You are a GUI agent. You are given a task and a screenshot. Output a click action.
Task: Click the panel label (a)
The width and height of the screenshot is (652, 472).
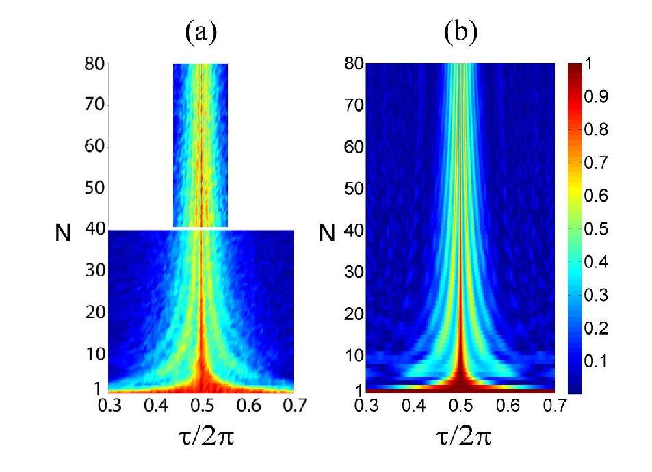click(x=201, y=32)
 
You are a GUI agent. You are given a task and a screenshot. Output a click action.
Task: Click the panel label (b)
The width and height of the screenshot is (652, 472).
click(x=460, y=32)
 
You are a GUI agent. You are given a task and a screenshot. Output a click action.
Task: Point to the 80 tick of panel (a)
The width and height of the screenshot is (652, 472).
click(x=94, y=64)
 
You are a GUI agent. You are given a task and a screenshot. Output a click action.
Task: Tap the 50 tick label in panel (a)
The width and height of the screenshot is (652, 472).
click(x=94, y=188)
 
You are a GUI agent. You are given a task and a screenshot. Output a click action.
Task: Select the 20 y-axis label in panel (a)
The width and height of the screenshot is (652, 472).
click(x=95, y=312)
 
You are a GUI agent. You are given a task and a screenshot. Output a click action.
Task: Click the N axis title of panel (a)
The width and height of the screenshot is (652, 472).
click(x=63, y=233)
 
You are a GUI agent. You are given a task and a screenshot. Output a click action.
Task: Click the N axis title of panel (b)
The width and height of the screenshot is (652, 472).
click(x=327, y=233)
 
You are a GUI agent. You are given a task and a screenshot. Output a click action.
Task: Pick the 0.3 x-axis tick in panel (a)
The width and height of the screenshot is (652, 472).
click(x=109, y=406)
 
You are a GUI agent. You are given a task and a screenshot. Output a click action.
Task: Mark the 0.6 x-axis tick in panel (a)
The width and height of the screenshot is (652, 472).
click(x=248, y=406)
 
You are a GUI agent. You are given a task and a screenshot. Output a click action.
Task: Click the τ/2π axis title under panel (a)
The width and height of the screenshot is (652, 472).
click(x=205, y=436)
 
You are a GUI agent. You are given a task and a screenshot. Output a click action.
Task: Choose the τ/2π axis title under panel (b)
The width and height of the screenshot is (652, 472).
click(x=463, y=436)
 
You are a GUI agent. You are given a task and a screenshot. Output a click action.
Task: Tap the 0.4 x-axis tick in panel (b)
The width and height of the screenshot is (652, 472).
click(x=413, y=406)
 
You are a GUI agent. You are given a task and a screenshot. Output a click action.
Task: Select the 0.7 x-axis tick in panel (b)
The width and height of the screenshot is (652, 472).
click(x=555, y=406)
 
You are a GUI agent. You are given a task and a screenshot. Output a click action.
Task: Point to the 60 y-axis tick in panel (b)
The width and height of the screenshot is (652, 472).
click(x=354, y=147)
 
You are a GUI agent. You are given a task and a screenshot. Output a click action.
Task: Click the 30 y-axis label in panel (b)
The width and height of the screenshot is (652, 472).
click(x=354, y=272)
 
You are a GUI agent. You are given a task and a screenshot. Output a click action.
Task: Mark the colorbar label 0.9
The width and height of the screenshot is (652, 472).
click(x=596, y=96)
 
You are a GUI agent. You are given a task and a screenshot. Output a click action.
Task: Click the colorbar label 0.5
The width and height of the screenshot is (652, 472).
click(x=596, y=228)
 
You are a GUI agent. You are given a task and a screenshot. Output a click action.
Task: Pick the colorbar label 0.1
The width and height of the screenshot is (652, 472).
click(x=596, y=361)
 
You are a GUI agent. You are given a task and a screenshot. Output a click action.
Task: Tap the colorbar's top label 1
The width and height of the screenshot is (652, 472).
click(x=588, y=64)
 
